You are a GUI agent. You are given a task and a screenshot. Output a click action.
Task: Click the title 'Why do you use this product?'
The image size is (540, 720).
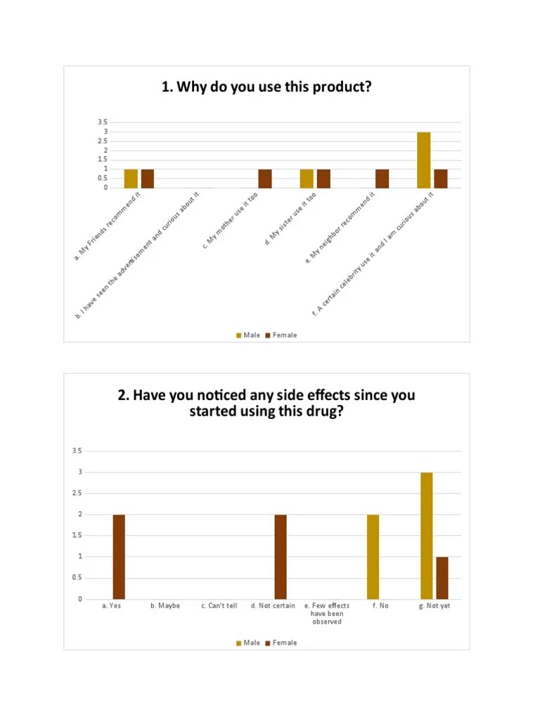[266, 87]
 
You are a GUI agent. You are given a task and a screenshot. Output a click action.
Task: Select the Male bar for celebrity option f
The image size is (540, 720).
[423, 160]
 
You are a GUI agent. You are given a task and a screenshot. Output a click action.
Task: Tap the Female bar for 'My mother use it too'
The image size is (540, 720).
[265, 179]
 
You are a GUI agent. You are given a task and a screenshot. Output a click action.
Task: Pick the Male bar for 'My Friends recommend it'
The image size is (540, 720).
[131, 179]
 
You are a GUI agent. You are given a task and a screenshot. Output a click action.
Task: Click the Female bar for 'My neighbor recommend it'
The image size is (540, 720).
[382, 179]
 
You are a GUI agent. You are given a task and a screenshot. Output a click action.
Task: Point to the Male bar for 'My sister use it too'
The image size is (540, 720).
[307, 179]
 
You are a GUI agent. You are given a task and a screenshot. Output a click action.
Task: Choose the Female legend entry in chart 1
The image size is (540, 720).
[281, 335]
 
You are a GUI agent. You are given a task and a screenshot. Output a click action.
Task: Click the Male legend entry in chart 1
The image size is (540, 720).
[247, 335]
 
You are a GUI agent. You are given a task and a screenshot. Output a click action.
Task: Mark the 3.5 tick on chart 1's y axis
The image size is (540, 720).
[103, 122]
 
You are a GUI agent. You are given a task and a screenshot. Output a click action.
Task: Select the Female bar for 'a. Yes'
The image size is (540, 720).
[119, 557]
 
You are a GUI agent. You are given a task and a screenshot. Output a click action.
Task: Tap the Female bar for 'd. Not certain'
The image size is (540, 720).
[280, 557]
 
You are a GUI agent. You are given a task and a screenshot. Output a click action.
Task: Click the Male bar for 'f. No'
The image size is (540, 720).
[373, 557]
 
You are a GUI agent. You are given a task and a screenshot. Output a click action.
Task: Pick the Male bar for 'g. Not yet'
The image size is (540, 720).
[427, 536]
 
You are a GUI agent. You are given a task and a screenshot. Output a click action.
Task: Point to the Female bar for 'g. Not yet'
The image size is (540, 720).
[442, 578]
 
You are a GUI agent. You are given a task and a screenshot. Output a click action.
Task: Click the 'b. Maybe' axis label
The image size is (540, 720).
[165, 606]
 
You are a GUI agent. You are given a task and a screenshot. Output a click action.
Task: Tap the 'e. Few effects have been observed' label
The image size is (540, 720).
[326, 614]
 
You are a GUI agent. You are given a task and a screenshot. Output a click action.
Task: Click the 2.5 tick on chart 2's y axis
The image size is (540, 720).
[76, 494]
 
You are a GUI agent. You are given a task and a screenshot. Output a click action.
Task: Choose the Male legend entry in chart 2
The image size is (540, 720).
[247, 643]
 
